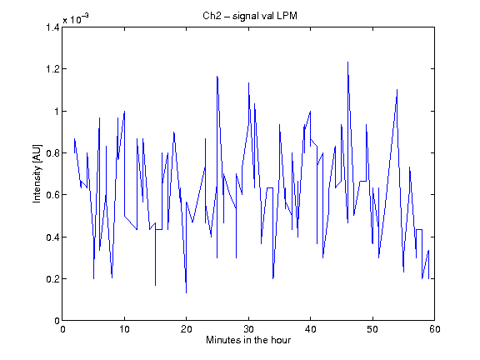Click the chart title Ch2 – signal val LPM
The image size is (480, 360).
[x=250, y=16]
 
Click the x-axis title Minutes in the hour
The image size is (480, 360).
[x=248, y=340]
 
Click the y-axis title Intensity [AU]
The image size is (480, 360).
[x=37, y=173]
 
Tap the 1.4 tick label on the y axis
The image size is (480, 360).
[x=52, y=27]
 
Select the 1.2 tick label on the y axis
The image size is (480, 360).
[x=52, y=69]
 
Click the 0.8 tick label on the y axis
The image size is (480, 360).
[x=52, y=153]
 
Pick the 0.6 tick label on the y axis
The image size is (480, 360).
[x=52, y=195]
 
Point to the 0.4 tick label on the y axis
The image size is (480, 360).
[x=52, y=237]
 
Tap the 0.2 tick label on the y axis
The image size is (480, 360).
[x=52, y=279]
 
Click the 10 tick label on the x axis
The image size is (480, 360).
[x=124, y=329]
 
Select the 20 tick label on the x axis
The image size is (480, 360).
[x=186, y=329]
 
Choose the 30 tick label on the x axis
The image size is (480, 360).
[x=248, y=329]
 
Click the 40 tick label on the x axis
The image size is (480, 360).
[x=310, y=329]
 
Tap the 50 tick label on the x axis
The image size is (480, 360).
[x=372, y=329]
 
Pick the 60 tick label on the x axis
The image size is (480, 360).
[x=435, y=329]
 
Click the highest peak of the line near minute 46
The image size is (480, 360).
[x=347, y=62]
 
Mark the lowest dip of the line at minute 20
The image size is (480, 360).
[x=186, y=293]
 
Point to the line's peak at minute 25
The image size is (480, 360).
[x=217, y=76]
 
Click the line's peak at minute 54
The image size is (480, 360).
[x=397, y=90]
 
